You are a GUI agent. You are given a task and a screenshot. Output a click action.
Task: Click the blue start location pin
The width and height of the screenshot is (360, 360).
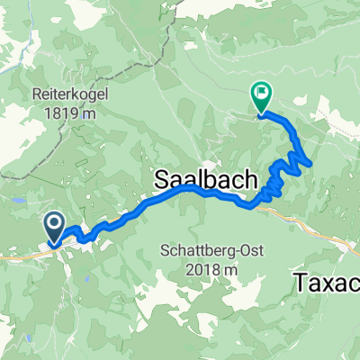[53, 226]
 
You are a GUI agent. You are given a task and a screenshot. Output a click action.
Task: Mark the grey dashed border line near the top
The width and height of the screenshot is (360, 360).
[162, 54]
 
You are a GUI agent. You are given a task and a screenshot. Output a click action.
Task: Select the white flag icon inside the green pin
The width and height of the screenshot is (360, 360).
[261, 90]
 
